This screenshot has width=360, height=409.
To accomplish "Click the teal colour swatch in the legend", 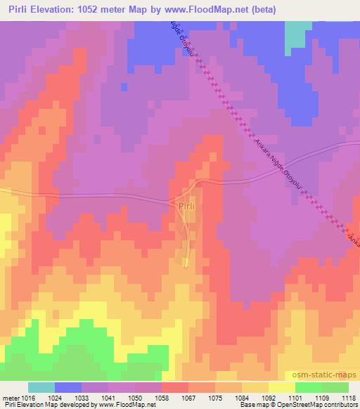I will pos(41,387).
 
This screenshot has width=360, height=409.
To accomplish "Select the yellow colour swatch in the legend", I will pos(281,387).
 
